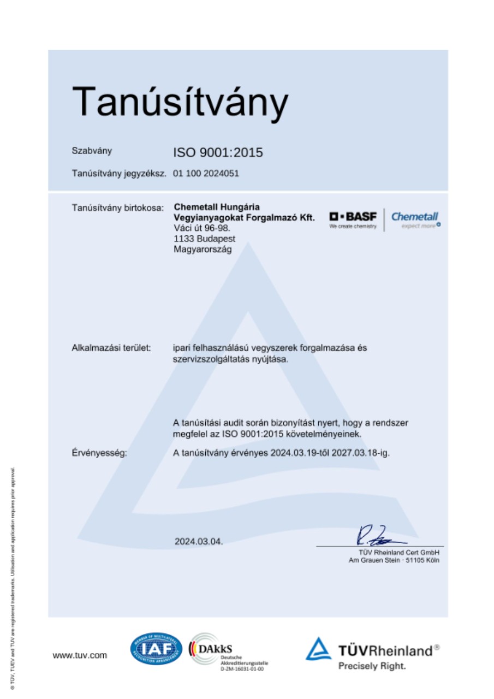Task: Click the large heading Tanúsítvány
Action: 180,102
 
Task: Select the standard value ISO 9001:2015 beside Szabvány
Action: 218,152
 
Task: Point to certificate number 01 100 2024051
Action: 206,174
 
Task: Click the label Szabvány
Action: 92,151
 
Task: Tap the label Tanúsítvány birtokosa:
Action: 117,208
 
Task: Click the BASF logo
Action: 353,219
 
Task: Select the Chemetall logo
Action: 415,220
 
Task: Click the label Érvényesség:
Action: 99,453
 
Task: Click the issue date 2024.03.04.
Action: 199,542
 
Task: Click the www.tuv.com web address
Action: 80,655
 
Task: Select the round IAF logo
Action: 156,649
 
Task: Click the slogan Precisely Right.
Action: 372,666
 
